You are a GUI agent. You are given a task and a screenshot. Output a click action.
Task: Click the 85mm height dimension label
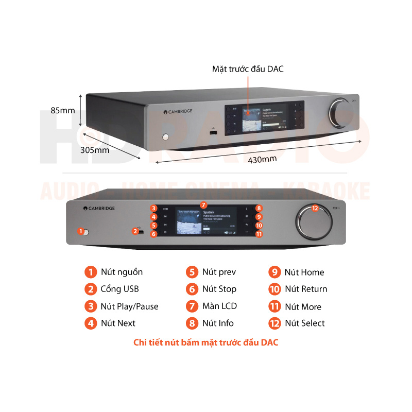click(x=63, y=110)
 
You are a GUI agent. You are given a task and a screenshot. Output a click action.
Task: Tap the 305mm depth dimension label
click(x=95, y=150)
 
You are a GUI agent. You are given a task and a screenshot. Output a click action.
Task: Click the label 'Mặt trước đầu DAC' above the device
click(x=248, y=68)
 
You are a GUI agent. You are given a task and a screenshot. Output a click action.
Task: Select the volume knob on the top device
click(x=340, y=111)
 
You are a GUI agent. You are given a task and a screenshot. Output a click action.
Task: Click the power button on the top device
click(x=165, y=137)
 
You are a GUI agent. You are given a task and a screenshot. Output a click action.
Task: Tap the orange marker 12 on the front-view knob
click(x=315, y=208)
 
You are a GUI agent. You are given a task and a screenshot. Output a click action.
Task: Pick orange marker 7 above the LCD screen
click(x=203, y=204)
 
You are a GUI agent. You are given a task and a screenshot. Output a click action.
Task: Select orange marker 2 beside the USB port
click(x=135, y=231)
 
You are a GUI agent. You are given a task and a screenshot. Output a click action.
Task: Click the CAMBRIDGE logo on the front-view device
click(x=99, y=209)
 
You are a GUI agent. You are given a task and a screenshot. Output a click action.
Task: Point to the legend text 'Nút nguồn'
click(x=122, y=272)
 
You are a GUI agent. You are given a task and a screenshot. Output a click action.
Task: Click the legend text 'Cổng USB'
click(x=119, y=289)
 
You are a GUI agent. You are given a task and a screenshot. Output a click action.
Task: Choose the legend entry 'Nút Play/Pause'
click(x=129, y=306)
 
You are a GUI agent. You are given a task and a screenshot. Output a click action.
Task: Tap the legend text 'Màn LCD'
click(x=219, y=306)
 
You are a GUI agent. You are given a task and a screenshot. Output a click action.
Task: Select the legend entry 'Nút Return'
click(x=306, y=289)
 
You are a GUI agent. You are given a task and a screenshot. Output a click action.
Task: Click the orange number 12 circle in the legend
click(x=274, y=323)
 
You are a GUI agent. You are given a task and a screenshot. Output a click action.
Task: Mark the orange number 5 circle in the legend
click(x=192, y=272)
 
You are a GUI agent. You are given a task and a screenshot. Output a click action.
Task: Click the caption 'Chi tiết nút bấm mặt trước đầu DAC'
click(x=206, y=342)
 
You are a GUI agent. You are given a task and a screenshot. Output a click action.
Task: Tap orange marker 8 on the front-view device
click(x=259, y=209)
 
